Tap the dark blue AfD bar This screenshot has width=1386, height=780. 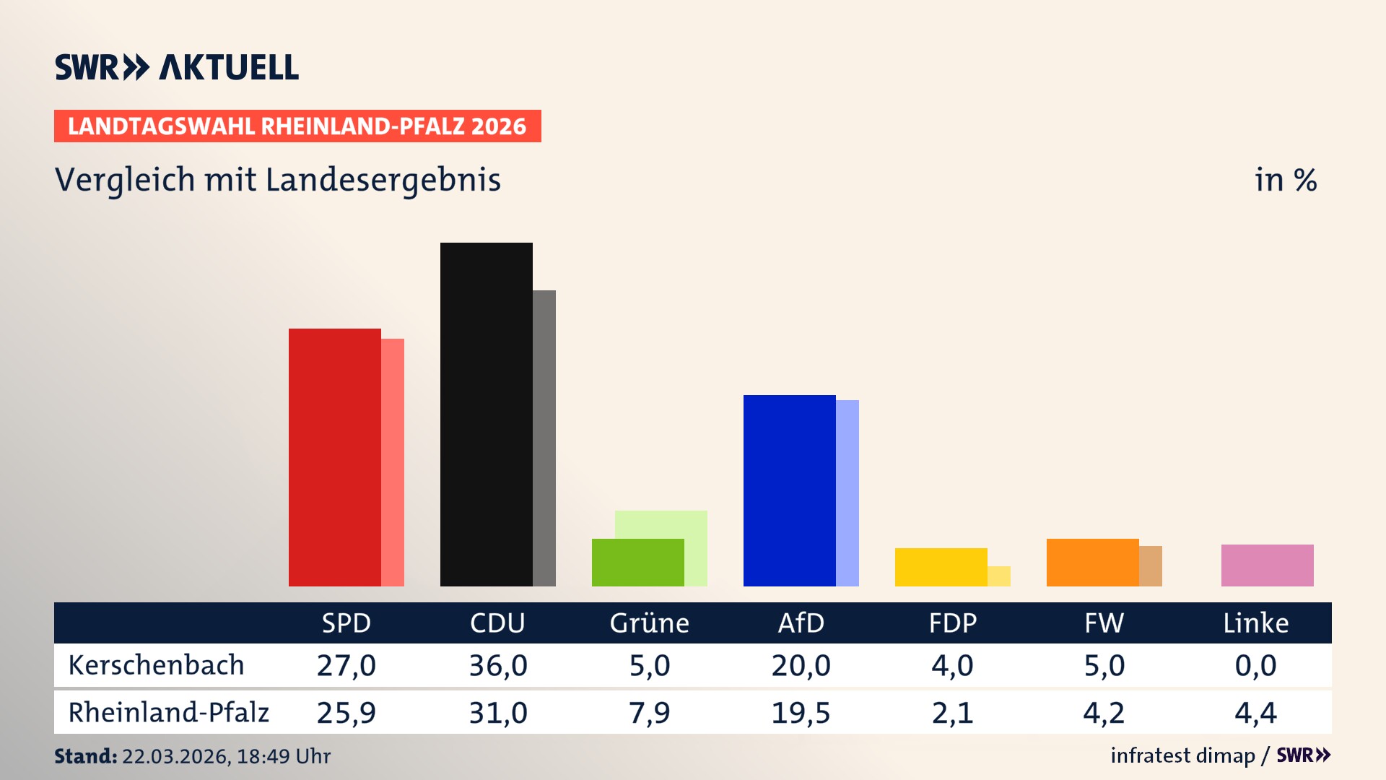click(x=789, y=490)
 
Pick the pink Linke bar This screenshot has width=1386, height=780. click(x=1267, y=565)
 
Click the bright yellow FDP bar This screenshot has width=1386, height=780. click(x=941, y=567)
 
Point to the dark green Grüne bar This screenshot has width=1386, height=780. click(x=637, y=563)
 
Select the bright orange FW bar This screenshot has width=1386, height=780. click(x=1092, y=563)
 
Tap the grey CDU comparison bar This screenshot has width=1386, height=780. click(x=544, y=438)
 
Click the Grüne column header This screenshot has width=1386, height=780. click(x=649, y=623)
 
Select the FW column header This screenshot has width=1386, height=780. click(x=1104, y=623)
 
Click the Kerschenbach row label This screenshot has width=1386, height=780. click(x=156, y=665)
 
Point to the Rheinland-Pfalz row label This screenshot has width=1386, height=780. click(x=168, y=713)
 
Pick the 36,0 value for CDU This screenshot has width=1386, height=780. click(x=498, y=665)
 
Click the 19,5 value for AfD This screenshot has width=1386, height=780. click(x=801, y=713)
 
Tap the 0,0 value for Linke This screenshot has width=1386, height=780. click(x=1255, y=665)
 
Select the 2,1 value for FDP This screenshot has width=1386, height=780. click(x=952, y=713)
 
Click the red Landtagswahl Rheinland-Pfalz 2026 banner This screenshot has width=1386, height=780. click(x=297, y=126)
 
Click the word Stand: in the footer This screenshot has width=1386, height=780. click(x=85, y=756)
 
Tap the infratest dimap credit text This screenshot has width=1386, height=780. click(x=1182, y=755)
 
